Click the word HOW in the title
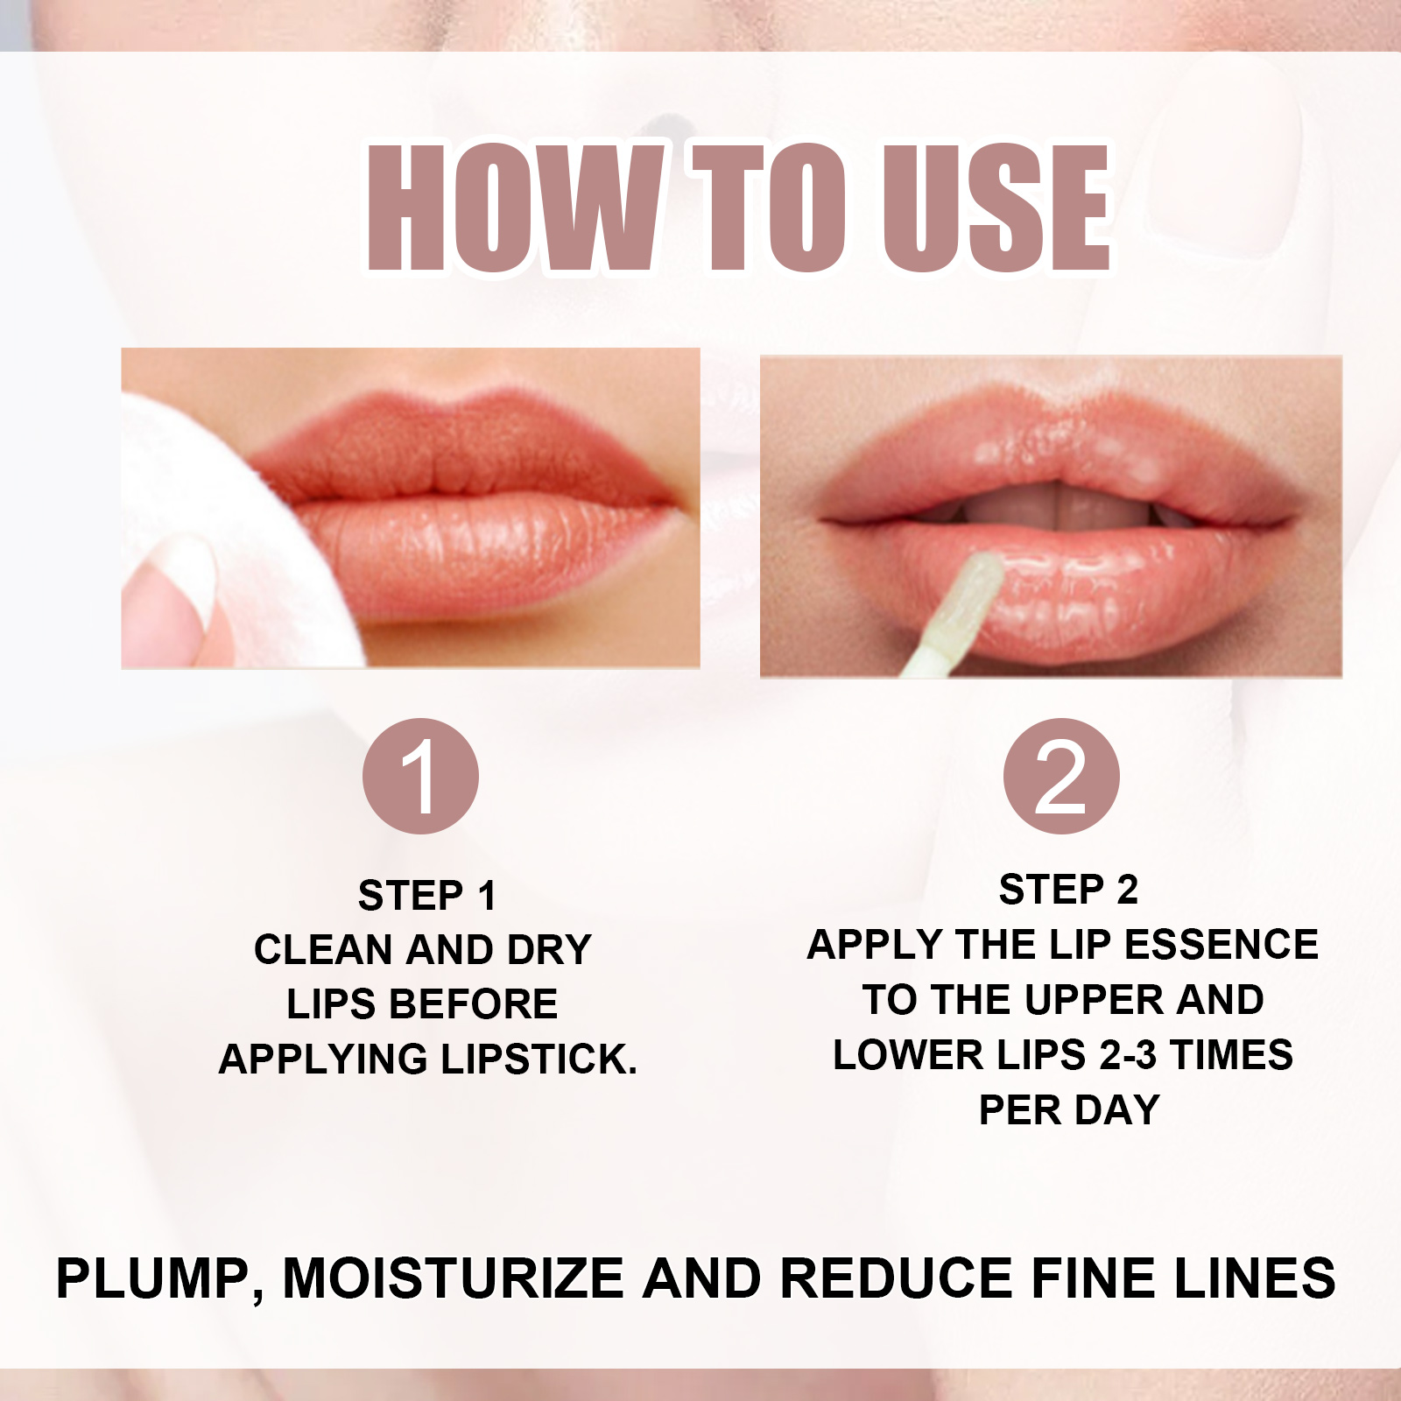tap(512, 207)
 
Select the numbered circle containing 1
tap(420, 776)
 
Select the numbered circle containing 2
tap(1061, 776)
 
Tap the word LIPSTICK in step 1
tap(538, 1060)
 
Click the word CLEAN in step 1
tap(322, 950)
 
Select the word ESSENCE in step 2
tap(1221, 945)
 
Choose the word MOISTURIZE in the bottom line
tap(453, 1278)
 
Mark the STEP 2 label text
tap(1068, 890)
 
